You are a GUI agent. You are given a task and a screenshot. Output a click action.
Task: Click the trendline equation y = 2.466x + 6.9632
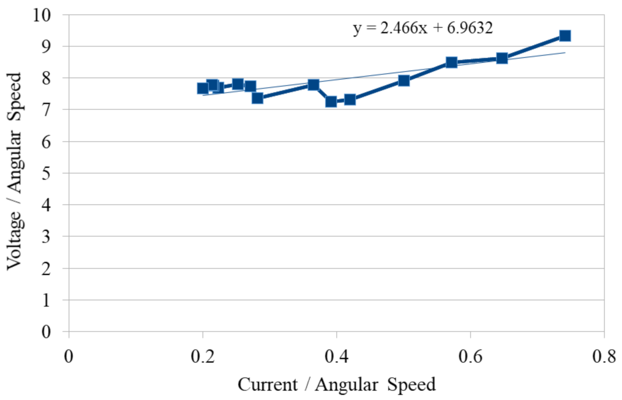click(x=423, y=28)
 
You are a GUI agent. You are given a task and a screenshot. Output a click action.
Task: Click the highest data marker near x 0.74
click(x=565, y=36)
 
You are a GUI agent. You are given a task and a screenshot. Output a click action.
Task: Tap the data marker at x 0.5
click(x=404, y=81)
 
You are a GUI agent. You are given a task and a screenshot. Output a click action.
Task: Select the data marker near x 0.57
click(x=451, y=62)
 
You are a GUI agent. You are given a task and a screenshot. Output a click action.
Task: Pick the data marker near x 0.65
click(x=502, y=58)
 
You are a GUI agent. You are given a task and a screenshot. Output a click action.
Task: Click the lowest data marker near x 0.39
click(x=331, y=101)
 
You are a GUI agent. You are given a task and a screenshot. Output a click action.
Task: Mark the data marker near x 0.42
click(x=350, y=99)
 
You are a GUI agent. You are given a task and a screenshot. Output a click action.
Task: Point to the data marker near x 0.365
click(x=313, y=84)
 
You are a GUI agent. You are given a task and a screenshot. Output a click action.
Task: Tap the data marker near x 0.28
click(x=258, y=98)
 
